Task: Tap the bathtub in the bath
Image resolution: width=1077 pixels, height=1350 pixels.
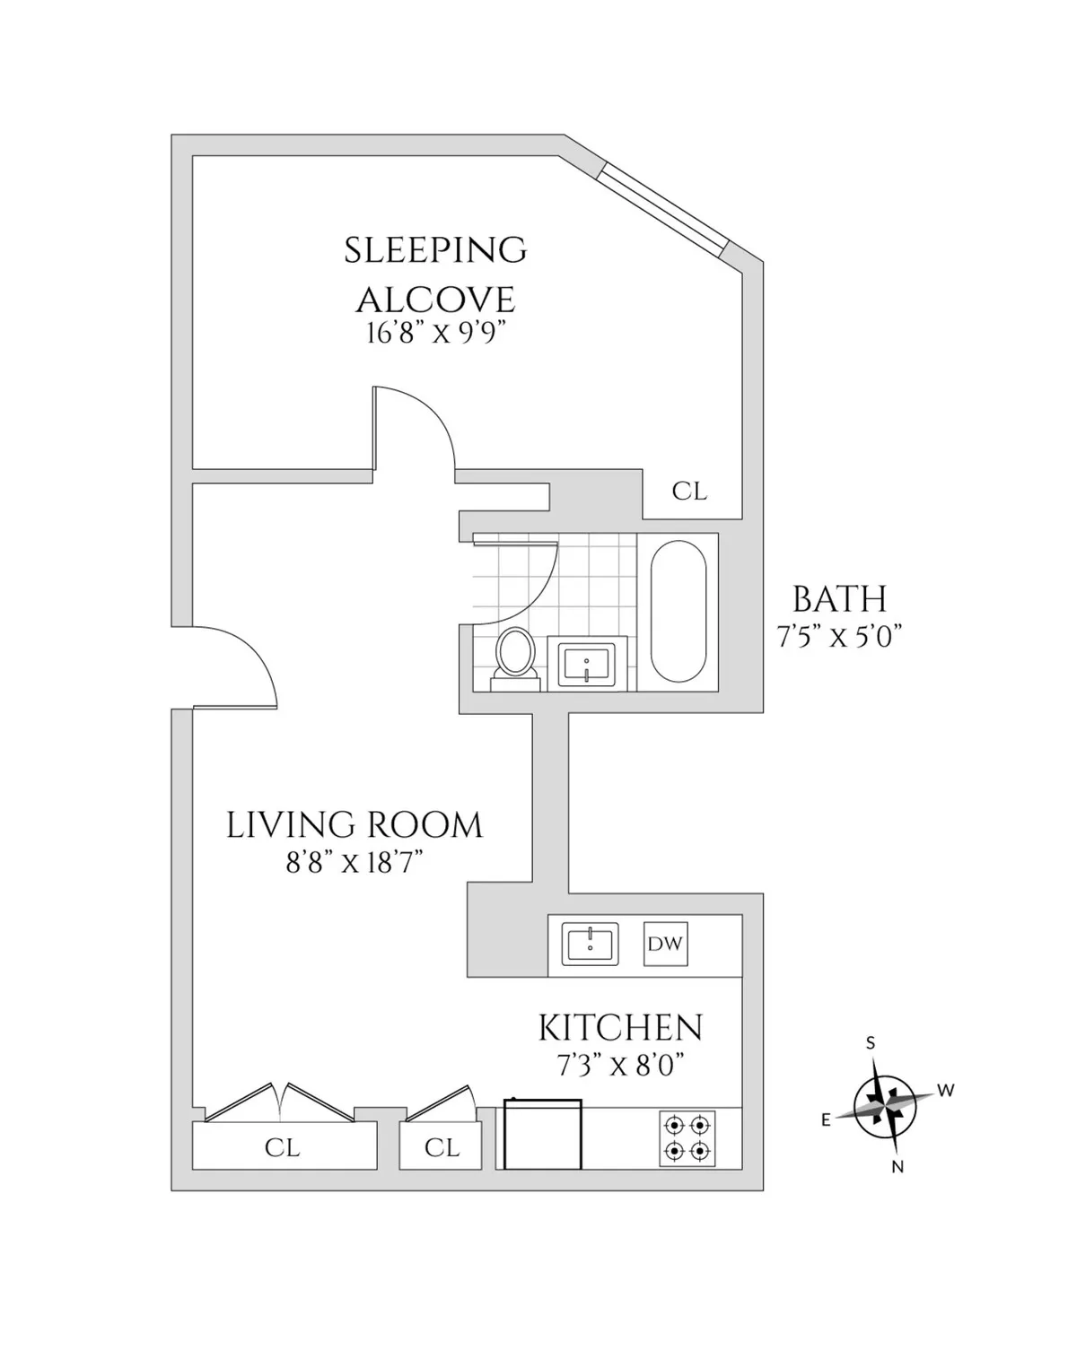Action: pyautogui.click(x=678, y=611)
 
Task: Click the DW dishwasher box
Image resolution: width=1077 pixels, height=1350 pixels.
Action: pyautogui.click(x=665, y=944)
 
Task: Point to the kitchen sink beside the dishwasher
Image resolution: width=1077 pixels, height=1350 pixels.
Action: pyautogui.click(x=591, y=944)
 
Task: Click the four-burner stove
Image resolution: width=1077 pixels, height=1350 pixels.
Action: pyautogui.click(x=687, y=1138)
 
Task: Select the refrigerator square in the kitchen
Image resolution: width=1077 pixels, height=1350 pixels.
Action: pyautogui.click(x=542, y=1135)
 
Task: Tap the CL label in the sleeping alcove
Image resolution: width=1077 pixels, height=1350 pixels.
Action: pyautogui.click(x=689, y=492)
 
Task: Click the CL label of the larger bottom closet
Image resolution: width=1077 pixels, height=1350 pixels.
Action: pyautogui.click(x=282, y=1147)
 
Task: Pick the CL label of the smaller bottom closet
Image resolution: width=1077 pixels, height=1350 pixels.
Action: pyautogui.click(x=442, y=1147)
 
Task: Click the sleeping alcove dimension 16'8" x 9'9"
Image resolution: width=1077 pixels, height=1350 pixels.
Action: pyautogui.click(x=436, y=334)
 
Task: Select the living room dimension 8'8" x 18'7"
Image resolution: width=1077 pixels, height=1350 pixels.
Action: pyautogui.click(x=354, y=863)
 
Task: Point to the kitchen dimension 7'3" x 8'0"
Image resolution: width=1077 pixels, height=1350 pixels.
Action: pyautogui.click(x=620, y=1066)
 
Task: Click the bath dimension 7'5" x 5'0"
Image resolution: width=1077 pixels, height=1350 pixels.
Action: pyautogui.click(x=838, y=637)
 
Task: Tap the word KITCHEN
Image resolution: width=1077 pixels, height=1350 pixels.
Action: pyautogui.click(x=620, y=1028)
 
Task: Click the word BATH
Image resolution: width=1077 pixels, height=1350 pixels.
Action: pyautogui.click(x=839, y=599)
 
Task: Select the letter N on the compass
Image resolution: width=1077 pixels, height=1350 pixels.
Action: pyautogui.click(x=897, y=1167)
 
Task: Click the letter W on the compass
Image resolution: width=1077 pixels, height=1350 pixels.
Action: pyautogui.click(x=945, y=1091)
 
